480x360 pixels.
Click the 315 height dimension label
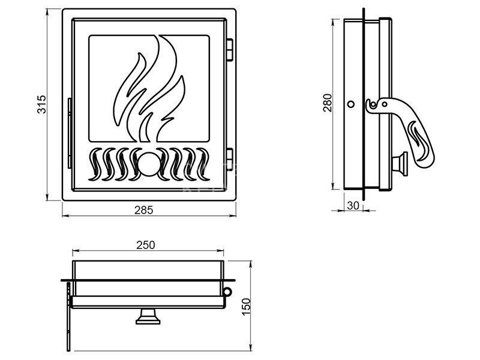tap(41, 104)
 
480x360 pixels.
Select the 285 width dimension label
tap(143, 210)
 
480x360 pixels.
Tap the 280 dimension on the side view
tap(328, 103)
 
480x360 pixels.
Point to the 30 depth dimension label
tap(353, 206)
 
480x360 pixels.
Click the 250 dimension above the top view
tap(146, 245)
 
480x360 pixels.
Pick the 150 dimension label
tap(246, 307)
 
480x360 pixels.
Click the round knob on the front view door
tap(148, 164)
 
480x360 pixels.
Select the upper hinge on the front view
tap(229, 50)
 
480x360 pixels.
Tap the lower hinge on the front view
tap(229, 159)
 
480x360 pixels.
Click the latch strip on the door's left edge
tap(70, 133)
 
